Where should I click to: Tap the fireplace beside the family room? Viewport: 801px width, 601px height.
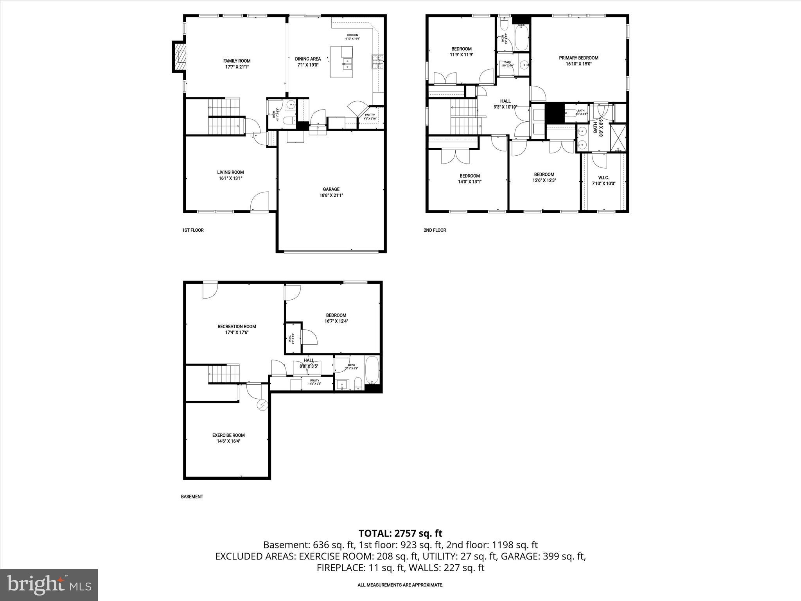[x=180, y=57]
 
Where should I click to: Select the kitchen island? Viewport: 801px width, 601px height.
[x=341, y=62]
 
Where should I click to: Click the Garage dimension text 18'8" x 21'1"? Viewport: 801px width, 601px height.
[x=331, y=195]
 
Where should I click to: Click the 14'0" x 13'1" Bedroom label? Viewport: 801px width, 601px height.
[x=470, y=179]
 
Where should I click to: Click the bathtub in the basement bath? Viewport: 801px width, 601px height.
[x=372, y=370]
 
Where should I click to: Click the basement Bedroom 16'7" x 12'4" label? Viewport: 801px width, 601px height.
[x=336, y=318]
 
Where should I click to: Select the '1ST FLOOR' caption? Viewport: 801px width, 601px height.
[x=193, y=230]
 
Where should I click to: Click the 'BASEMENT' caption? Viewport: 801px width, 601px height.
[x=192, y=497]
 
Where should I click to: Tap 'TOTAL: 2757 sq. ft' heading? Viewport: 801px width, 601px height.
[x=400, y=533]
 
